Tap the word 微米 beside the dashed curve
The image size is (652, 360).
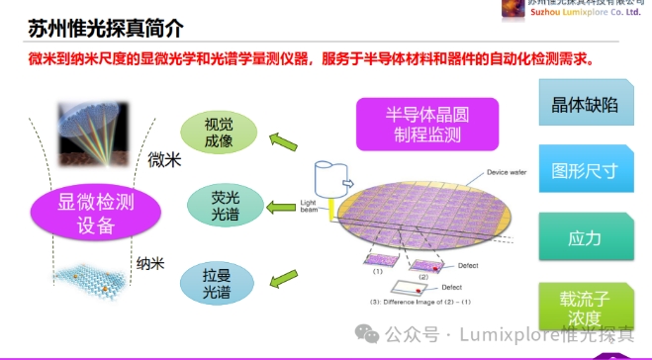(164, 159)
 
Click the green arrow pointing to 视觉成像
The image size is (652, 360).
(284, 141)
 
